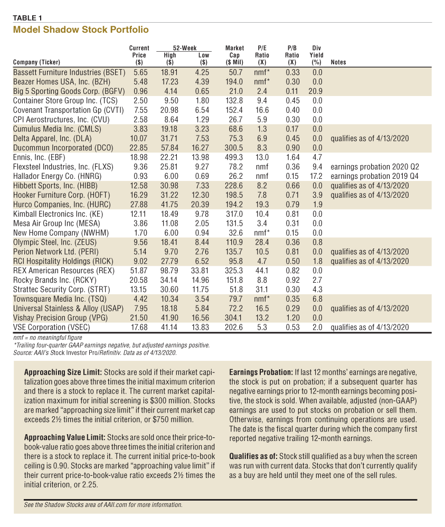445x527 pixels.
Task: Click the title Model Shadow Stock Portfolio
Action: click(81, 30)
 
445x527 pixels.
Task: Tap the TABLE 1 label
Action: click(27, 18)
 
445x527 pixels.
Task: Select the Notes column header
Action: click(338, 62)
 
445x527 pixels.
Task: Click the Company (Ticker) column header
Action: click(36, 62)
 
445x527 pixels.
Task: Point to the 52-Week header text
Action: click(185, 48)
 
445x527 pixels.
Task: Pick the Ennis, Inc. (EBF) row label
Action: click(39, 157)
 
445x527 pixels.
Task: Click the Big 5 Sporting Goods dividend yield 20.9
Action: click(316, 91)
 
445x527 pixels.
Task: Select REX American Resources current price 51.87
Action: click(139, 271)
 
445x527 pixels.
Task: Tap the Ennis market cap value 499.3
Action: click(234, 157)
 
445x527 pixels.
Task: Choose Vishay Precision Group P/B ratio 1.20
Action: click(292, 318)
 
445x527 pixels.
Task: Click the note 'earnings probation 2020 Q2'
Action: click(375, 167)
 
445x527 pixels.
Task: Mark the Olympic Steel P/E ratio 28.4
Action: click(262, 242)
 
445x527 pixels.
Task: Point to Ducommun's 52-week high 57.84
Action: click(169, 148)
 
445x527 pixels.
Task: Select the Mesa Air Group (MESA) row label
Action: click(56, 224)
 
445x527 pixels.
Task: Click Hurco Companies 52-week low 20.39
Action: click(200, 204)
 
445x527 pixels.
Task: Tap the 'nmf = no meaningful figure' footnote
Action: click(48, 338)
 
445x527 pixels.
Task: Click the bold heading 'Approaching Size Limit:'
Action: click(63, 372)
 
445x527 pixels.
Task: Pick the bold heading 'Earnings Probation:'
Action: click(261, 372)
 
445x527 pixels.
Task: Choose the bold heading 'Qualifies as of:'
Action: click(253, 456)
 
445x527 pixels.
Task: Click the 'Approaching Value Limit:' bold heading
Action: click(65, 438)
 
